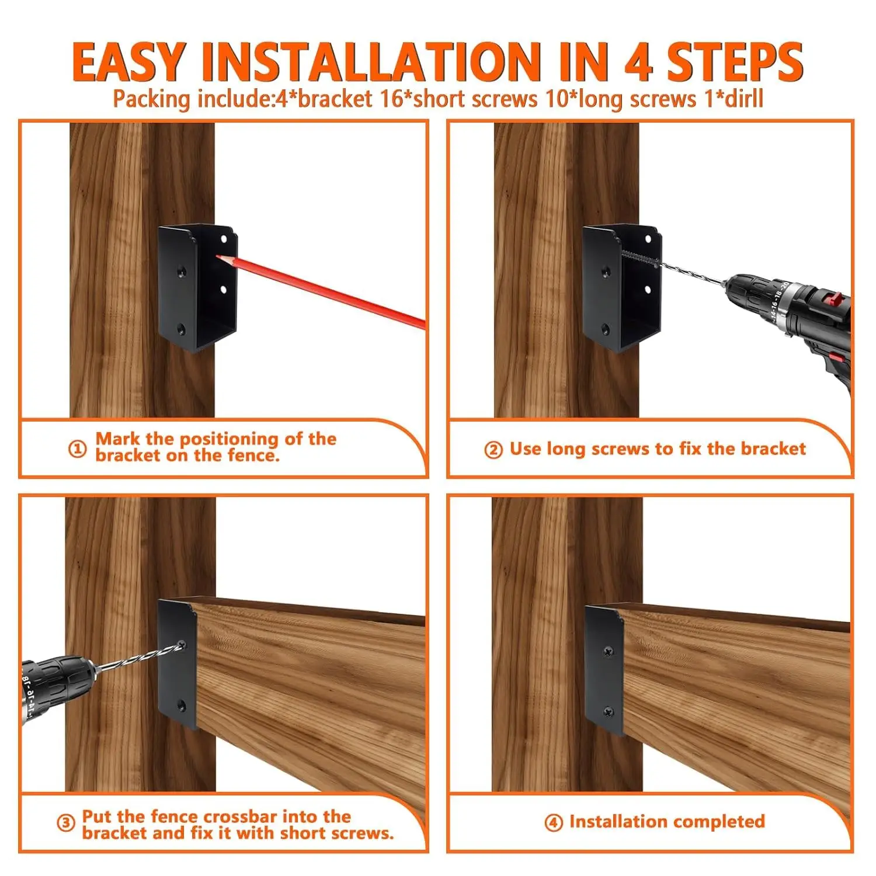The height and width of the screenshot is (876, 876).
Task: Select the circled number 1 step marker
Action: tap(77, 449)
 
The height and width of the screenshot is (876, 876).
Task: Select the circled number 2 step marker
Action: tap(493, 450)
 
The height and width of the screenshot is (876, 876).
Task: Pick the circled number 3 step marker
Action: tap(65, 823)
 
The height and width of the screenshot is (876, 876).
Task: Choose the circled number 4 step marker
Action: tap(553, 823)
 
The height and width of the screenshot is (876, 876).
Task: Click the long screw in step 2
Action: tap(639, 258)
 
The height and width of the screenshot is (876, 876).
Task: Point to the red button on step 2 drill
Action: tap(830, 300)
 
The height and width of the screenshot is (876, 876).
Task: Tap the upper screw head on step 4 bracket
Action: tap(609, 651)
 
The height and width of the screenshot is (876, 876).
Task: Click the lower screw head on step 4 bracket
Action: tap(609, 712)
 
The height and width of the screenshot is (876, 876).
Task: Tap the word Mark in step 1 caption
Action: tap(117, 439)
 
